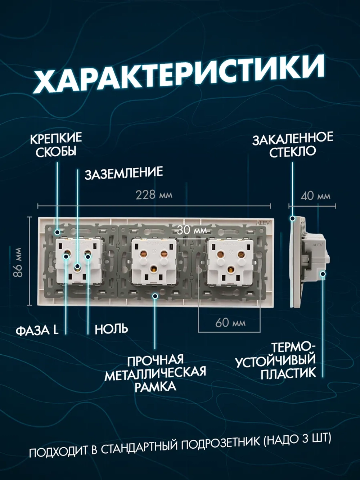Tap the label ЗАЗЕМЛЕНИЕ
pyautogui.click(x=124, y=172)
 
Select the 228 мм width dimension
pyautogui.click(x=154, y=195)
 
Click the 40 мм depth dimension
pyautogui.click(x=315, y=196)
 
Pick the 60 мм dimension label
pyautogui.click(x=230, y=322)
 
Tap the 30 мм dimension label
pyautogui.click(x=191, y=230)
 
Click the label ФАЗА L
pyautogui.click(x=37, y=329)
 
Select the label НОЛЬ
pyautogui.click(x=111, y=329)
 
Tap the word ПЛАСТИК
pyautogui.click(x=288, y=373)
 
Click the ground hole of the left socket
pyautogui.click(x=77, y=267)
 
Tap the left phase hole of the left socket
pyautogui.click(x=67, y=256)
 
